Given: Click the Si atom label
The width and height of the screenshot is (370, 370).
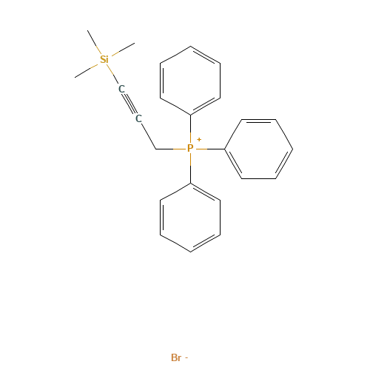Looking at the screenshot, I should point(104,58).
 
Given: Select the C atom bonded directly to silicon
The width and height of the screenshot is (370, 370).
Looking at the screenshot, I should point(121,89).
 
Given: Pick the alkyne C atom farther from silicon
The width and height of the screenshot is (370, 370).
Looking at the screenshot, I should point(138,118).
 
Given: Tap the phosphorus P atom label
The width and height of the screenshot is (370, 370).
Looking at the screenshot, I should point(190,149).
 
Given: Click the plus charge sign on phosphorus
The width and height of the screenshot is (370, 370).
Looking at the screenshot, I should point(198,139).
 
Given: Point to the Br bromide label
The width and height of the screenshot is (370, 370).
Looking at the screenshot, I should point(175,357).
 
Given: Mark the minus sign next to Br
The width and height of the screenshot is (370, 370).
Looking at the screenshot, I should point(186,358).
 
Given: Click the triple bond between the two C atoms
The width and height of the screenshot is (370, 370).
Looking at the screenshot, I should point(130,104).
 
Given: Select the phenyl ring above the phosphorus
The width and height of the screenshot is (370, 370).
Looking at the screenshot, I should point(190,81).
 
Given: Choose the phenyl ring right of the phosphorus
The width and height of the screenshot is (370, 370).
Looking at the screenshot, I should point(258,149).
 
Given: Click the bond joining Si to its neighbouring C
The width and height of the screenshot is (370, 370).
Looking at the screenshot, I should point(113,74).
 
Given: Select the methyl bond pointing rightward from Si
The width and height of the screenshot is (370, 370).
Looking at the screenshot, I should point(121,50).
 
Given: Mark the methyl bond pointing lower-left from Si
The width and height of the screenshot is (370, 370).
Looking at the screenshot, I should point(88,67).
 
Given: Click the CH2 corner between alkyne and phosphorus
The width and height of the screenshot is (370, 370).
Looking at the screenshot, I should point(155,149).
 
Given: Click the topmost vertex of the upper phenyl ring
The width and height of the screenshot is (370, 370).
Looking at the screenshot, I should point(190,47).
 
